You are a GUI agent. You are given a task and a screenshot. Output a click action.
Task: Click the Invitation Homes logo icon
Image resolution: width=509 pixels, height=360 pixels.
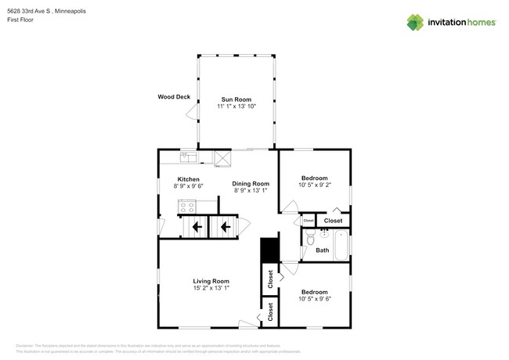415,22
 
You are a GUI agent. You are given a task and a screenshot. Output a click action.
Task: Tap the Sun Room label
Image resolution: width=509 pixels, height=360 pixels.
236,99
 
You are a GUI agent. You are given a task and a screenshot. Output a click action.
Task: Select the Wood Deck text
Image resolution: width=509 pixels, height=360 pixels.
174,97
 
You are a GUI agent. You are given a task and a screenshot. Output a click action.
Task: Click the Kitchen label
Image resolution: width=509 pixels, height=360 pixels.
188,179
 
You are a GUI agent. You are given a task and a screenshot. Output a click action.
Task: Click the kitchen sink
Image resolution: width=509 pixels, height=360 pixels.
190,158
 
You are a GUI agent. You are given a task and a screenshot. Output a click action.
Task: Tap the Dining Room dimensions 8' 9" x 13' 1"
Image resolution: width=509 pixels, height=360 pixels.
251,190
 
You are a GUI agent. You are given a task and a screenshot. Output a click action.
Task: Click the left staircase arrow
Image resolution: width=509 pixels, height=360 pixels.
195,228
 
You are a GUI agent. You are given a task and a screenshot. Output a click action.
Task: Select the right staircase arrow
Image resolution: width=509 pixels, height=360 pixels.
225,228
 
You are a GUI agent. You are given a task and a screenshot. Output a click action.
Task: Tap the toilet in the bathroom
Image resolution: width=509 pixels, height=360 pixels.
309,239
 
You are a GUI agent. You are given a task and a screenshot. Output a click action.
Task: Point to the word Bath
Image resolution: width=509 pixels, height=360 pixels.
322,250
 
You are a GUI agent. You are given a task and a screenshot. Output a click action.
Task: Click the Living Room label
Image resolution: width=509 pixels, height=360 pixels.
211,281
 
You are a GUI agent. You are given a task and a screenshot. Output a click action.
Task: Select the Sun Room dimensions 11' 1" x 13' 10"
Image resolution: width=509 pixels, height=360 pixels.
236,106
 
